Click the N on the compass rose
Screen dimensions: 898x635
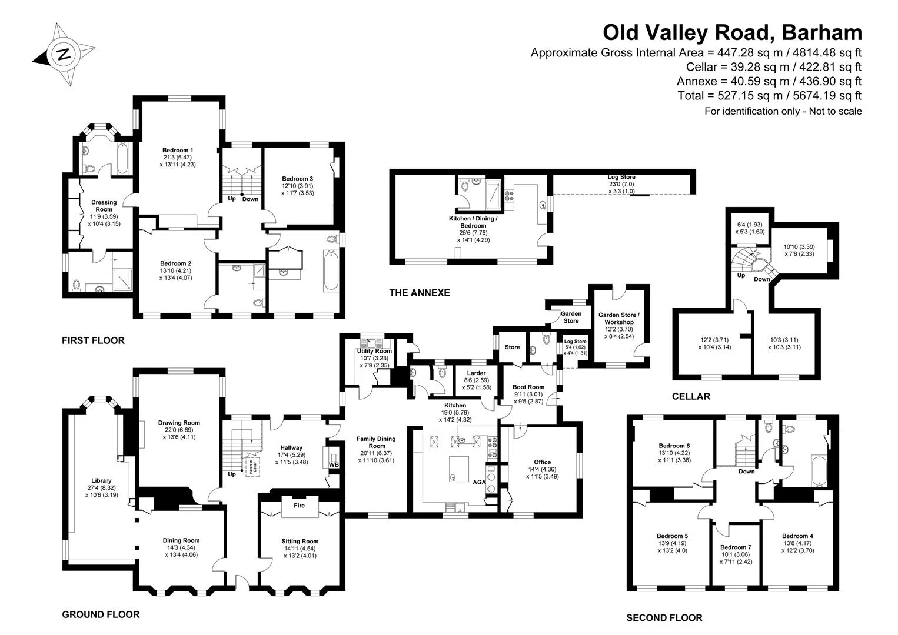click(63, 54)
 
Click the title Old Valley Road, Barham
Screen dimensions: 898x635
click(733, 33)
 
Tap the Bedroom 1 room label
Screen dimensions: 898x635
click(178, 150)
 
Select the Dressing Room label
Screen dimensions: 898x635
click(104, 206)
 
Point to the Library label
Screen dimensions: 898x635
click(101, 480)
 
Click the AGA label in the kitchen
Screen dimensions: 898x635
click(479, 482)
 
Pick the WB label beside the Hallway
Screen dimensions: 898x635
click(334, 464)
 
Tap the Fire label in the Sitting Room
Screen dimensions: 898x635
click(299, 505)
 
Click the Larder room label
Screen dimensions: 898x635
click(476, 373)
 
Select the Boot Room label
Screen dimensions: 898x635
click(528, 387)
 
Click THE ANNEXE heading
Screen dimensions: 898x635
click(420, 293)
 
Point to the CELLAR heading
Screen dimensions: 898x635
click(691, 396)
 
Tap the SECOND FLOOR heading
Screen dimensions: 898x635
click(664, 618)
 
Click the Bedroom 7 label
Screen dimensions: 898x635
click(736, 547)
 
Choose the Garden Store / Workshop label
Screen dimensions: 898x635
click(619, 319)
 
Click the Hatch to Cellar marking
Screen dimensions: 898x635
click(252, 466)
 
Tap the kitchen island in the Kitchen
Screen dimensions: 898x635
click(458, 469)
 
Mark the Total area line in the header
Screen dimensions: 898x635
click(769, 96)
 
